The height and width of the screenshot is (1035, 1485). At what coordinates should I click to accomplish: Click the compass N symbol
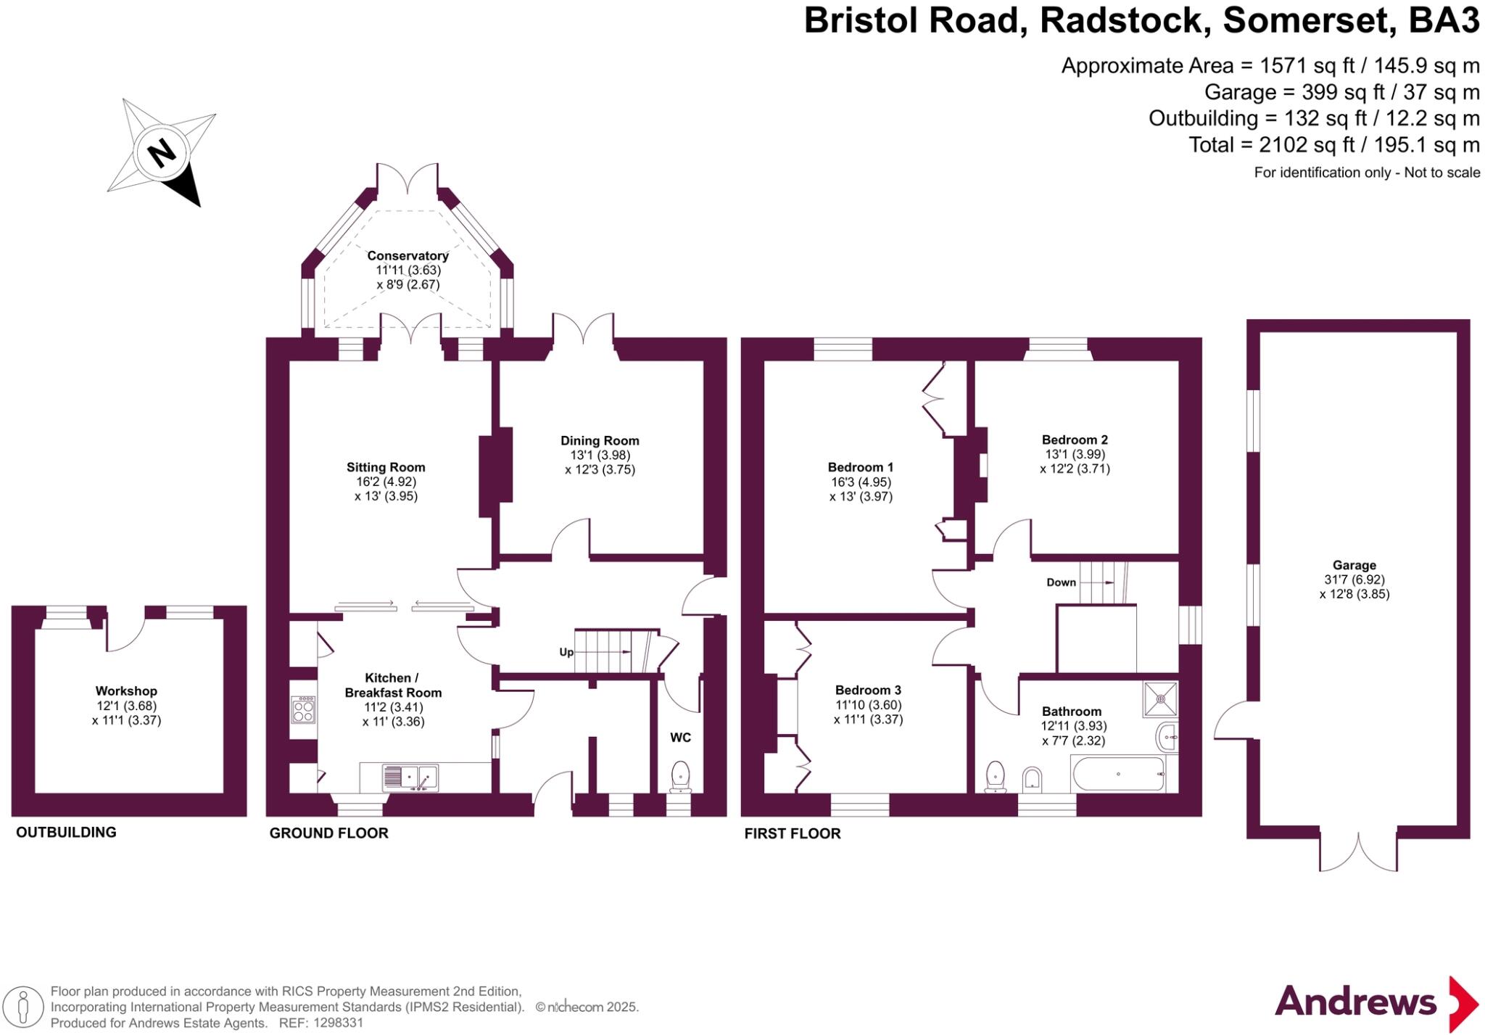[162, 153]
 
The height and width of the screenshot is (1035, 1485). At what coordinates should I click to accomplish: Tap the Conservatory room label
[408, 255]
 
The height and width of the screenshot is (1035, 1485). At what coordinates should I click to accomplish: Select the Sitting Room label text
[386, 467]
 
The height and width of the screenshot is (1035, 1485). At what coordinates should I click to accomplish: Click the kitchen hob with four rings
[304, 709]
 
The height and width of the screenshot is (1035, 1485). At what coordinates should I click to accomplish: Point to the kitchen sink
[410, 778]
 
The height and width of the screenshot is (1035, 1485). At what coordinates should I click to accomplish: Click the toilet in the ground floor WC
[680, 775]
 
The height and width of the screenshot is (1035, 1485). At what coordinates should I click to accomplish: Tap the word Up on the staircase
[566, 652]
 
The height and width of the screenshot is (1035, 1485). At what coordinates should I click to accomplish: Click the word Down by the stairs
[1061, 582]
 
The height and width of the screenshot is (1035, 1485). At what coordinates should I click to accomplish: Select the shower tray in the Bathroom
[1160, 699]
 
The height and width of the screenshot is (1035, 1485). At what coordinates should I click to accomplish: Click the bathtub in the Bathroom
[1118, 775]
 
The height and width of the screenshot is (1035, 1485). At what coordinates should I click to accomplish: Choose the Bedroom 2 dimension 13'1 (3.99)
[1074, 454]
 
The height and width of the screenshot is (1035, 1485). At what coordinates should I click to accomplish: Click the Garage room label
[1354, 565]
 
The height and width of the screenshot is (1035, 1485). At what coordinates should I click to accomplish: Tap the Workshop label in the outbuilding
[126, 691]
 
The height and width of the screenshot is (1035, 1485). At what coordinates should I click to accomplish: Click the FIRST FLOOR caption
[793, 833]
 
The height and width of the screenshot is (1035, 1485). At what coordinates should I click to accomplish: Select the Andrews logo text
[1355, 1002]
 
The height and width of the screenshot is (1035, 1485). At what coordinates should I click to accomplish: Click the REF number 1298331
[338, 1023]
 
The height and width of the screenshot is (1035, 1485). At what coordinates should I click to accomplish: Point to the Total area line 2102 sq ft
[1333, 145]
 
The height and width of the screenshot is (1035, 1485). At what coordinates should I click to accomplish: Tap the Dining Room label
[600, 440]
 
